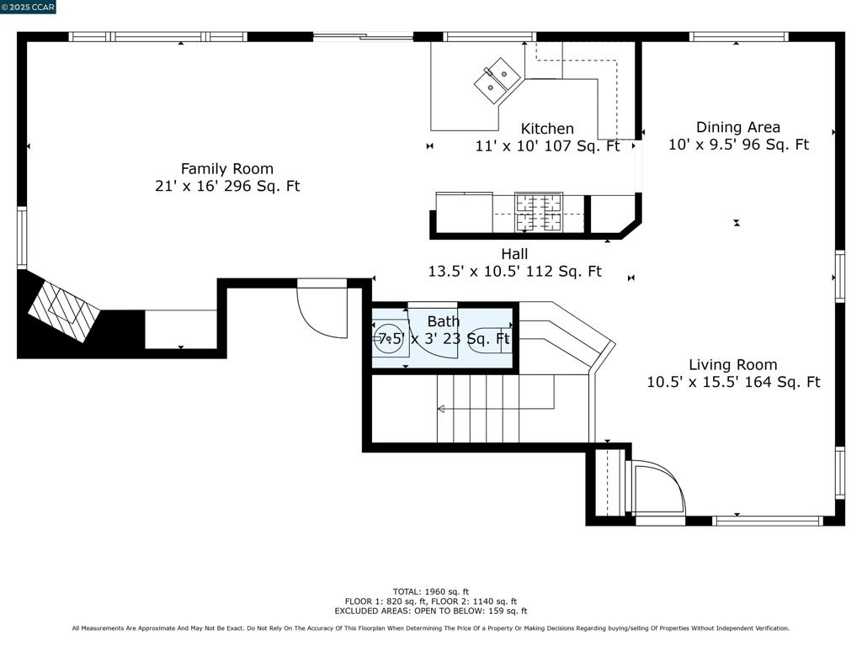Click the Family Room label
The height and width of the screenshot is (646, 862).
(x=227, y=168)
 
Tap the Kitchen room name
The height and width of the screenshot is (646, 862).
(x=547, y=129)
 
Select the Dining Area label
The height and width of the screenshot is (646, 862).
(x=737, y=128)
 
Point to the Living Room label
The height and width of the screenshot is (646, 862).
(x=733, y=365)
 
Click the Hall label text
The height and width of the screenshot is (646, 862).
(x=514, y=254)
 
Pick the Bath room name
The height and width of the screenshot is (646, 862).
(x=443, y=321)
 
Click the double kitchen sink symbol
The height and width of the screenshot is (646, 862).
(x=498, y=81)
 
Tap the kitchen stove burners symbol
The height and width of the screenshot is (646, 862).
(x=539, y=213)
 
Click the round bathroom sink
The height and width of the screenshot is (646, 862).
(x=390, y=338)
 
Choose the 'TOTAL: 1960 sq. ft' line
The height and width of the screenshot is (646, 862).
(x=431, y=592)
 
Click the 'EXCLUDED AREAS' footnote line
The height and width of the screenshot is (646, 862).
(x=431, y=611)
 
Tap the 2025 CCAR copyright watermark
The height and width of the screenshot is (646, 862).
(x=28, y=7)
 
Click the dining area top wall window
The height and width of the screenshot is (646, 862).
(x=739, y=37)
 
